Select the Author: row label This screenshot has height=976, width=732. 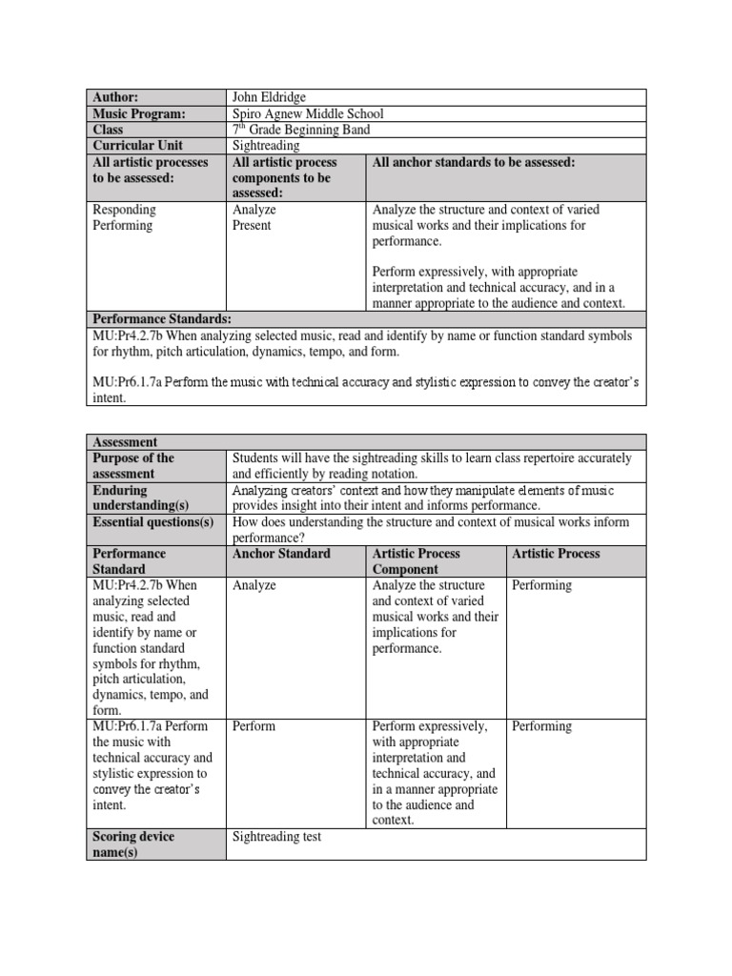[x=115, y=97]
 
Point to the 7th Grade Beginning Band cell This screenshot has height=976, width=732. [x=301, y=130]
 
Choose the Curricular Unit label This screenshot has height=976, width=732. [x=137, y=146]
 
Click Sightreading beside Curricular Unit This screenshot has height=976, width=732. [x=266, y=146]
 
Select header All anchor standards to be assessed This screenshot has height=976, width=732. [x=474, y=163]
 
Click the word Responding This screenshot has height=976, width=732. [x=124, y=210]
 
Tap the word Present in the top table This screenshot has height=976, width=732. [x=252, y=226]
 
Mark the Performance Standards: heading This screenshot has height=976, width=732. [x=161, y=318]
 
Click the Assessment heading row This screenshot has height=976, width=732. [x=125, y=442]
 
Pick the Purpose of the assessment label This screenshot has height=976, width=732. [x=133, y=466]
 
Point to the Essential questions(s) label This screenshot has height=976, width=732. [x=152, y=522]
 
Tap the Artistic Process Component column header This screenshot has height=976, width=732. [x=417, y=561]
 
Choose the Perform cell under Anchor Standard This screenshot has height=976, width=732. [x=254, y=726]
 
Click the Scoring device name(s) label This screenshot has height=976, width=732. [x=133, y=844]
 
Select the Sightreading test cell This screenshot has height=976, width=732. [x=277, y=837]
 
